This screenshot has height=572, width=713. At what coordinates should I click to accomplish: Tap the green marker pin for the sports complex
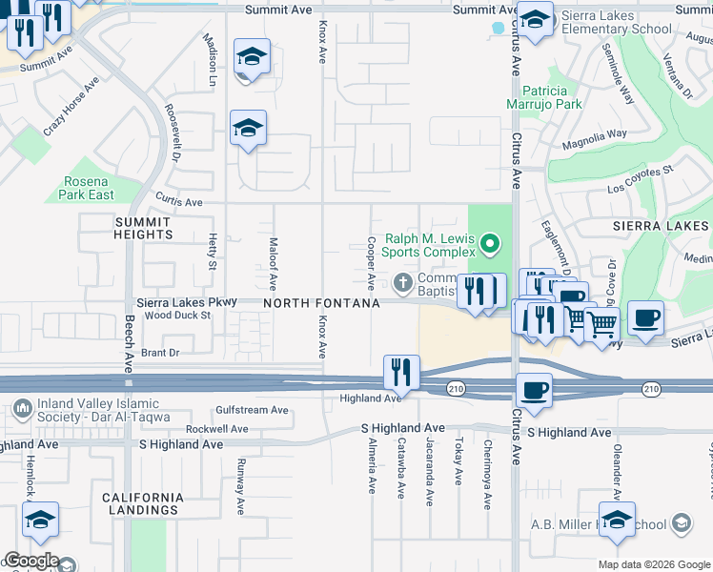(490, 245)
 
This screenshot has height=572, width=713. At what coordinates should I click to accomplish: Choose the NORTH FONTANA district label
(321, 303)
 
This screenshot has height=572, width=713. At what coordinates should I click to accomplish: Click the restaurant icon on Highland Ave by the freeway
(401, 373)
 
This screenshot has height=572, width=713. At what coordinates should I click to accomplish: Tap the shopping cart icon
(601, 325)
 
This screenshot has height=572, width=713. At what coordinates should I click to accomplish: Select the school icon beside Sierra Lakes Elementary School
(535, 21)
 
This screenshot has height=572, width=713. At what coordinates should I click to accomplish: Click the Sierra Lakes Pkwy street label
(180, 302)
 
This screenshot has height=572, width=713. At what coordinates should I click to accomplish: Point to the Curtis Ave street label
(179, 202)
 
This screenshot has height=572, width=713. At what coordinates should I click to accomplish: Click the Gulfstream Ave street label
(252, 410)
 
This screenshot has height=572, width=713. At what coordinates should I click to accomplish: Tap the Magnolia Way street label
(593, 135)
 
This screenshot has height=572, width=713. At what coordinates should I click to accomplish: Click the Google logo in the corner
(31, 561)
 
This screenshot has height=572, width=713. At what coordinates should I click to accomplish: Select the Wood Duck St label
(177, 315)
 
